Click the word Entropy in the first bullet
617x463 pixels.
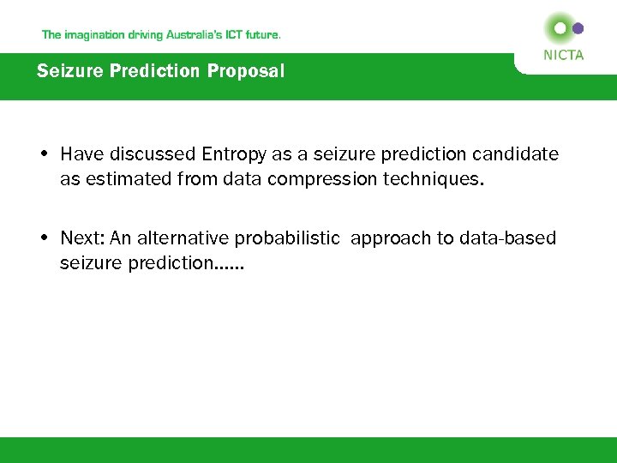tap(235, 154)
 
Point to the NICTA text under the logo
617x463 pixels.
tap(564, 55)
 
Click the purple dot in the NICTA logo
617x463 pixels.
tap(578, 28)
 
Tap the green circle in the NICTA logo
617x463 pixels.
tap(560, 28)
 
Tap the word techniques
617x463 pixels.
tap(439, 178)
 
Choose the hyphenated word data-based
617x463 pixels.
tap(510, 238)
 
